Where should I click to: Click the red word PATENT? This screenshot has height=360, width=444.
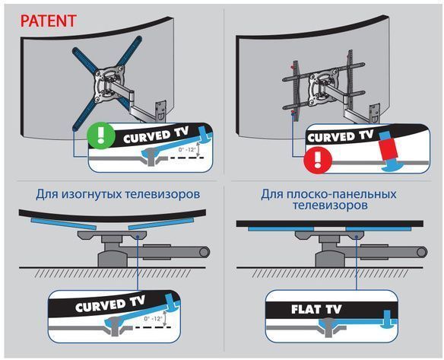pos(48,21)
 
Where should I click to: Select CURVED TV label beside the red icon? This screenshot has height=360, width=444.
pos(339,137)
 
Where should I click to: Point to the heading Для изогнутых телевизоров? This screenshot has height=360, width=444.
pos(113,194)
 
